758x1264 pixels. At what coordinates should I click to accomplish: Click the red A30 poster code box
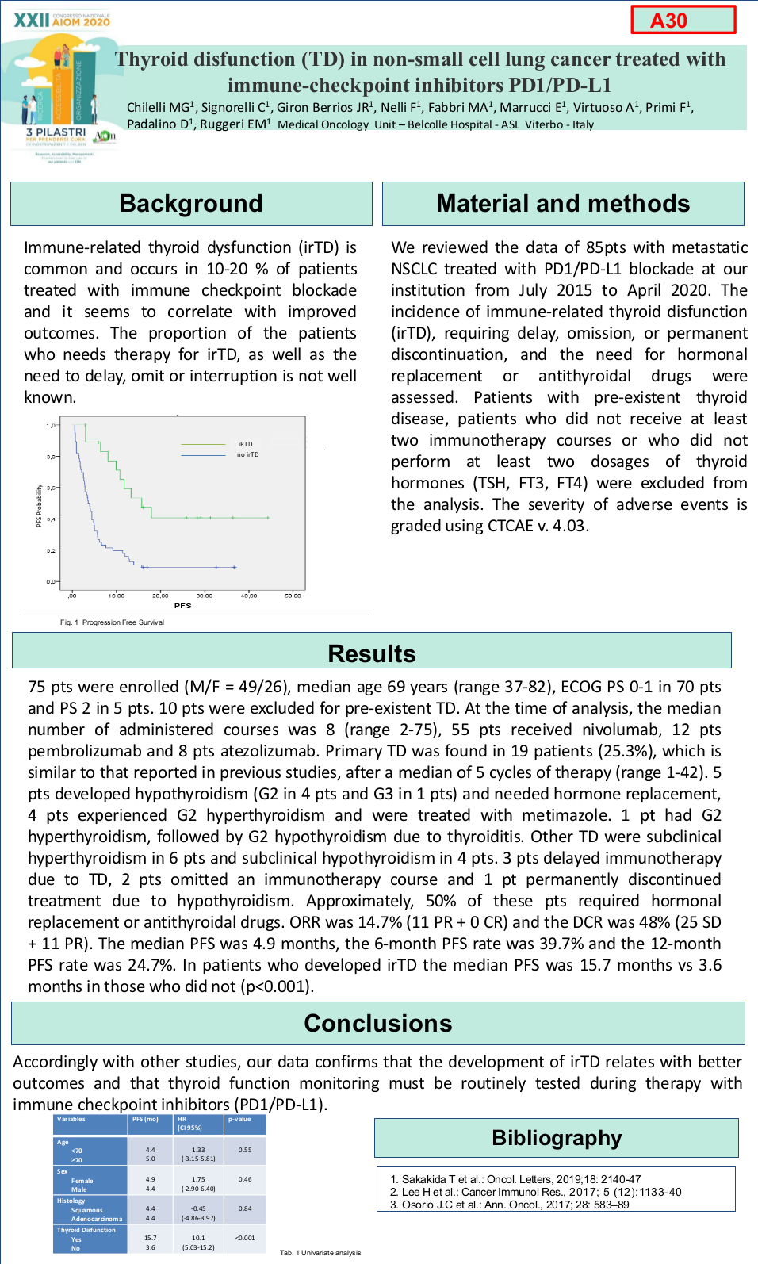(x=683, y=20)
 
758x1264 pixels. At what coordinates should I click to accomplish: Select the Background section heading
(x=191, y=204)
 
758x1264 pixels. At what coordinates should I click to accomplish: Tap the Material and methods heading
(x=563, y=204)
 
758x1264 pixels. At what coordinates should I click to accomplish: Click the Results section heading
(x=371, y=653)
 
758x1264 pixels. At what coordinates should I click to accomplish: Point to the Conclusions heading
(x=377, y=1024)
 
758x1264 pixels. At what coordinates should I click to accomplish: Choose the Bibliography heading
(x=557, y=1138)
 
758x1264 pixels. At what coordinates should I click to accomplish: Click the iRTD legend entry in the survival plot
(x=245, y=444)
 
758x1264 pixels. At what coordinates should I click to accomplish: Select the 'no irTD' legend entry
(x=247, y=455)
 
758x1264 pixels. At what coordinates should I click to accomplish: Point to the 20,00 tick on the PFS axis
(x=160, y=596)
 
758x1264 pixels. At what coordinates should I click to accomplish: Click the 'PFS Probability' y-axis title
(x=39, y=506)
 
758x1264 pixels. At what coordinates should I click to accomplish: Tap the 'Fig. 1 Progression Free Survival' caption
(x=112, y=622)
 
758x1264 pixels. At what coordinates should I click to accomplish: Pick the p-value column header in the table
(x=239, y=1120)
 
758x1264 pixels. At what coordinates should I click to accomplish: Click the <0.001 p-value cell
(x=245, y=1238)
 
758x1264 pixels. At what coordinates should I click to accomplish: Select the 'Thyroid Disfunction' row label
(x=86, y=1231)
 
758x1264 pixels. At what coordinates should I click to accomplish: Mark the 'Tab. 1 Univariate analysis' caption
(x=320, y=1253)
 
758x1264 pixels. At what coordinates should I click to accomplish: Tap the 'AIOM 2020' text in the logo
(x=81, y=22)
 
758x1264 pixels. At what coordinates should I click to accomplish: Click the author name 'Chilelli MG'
(x=159, y=108)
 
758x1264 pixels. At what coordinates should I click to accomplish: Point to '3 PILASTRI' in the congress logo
(x=56, y=132)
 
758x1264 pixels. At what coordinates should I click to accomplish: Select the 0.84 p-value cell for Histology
(x=245, y=1209)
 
